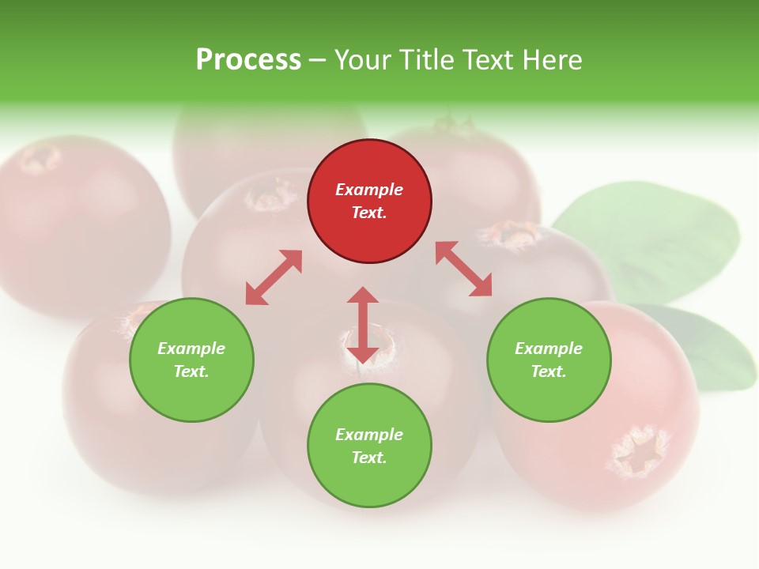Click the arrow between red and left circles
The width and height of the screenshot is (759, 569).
(274, 277)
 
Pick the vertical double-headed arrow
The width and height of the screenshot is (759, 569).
(363, 325)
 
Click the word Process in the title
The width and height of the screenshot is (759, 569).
(248, 60)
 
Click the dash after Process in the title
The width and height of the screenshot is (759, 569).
(317, 60)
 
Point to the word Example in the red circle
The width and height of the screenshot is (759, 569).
(369, 190)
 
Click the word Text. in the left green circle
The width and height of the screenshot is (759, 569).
(191, 371)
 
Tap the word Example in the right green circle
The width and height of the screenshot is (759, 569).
(549, 349)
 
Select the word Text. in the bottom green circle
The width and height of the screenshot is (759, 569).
(369, 458)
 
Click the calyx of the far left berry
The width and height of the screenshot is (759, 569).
(40, 158)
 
